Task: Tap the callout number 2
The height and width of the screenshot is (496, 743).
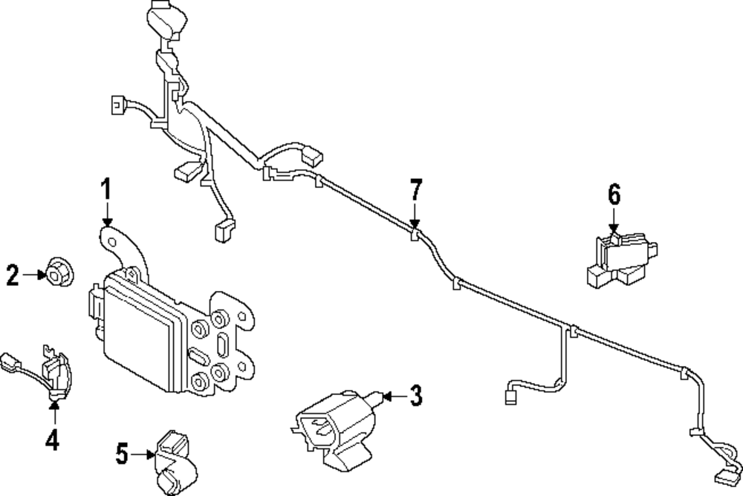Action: [13, 275]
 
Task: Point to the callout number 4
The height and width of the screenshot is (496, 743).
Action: [51, 441]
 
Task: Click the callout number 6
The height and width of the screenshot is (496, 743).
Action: [614, 195]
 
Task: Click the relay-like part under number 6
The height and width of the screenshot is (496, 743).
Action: [619, 259]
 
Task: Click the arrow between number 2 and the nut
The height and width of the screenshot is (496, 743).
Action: [35, 275]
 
